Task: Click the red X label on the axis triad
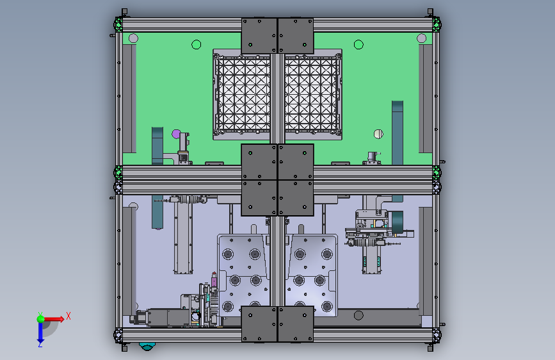pos(68,316)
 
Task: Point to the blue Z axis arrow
pos(40,332)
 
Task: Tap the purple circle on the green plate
pos(176,134)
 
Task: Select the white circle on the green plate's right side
pos(378,134)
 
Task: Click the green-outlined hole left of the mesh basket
pos(196,44)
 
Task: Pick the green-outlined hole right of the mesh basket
pos(358,44)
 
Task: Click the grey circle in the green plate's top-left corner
pos(133,38)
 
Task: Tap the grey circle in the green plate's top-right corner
pos(421,38)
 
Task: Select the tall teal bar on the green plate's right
pos(397,133)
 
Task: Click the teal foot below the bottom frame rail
pos(147,346)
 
